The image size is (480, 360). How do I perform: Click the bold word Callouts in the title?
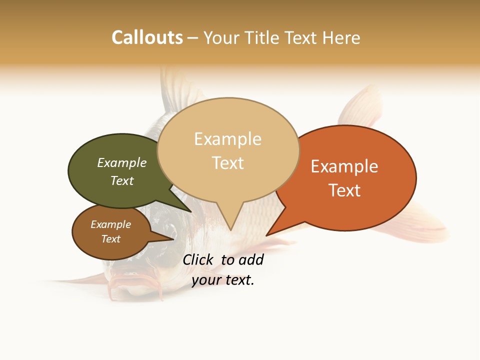pyautogui.click(x=147, y=37)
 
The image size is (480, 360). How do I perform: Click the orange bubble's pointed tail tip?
pyautogui.click(x=267, y=234)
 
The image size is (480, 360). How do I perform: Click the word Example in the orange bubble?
pyautogui.click(x=344, y=166)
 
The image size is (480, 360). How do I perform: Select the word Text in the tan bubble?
pyautogui.click(x=228, y=163)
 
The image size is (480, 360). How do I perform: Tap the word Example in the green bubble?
pyautogui.click(x=122, y=162)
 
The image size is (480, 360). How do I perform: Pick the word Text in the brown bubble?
pyautogui.click(x=111, y=239)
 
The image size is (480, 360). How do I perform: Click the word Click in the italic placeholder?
pyautogui.click(x=198, y=259)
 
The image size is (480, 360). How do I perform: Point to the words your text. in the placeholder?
pyautogui.click(x=223, y=280)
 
